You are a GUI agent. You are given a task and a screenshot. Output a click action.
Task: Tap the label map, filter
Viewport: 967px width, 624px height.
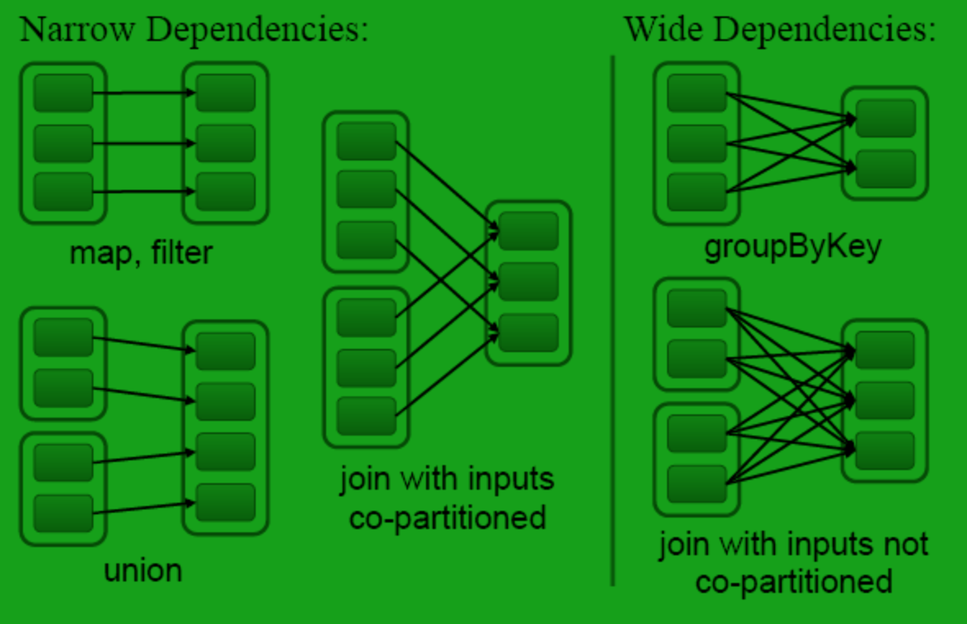(141, 252)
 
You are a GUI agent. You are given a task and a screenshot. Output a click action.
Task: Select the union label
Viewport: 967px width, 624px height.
(143, 570)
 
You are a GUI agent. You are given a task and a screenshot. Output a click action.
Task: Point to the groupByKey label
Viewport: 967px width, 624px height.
(792, 247)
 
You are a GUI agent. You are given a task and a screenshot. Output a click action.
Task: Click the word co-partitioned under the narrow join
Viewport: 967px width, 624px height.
(447, 517)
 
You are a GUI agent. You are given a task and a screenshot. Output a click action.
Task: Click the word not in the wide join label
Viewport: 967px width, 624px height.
(907, 545)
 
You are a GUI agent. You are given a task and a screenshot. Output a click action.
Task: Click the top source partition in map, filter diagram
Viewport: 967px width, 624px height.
(63, 93)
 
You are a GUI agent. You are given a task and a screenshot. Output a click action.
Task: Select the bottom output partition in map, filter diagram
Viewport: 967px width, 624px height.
(225, 192)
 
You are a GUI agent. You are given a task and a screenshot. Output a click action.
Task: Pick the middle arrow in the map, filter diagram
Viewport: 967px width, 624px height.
(143, 143)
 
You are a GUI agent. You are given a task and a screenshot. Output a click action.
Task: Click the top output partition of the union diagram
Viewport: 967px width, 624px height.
(225, 351)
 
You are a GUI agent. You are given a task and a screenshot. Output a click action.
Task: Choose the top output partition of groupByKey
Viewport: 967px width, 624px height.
(885, 118)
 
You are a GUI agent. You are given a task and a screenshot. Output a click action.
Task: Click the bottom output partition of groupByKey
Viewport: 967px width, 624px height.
(885, 169)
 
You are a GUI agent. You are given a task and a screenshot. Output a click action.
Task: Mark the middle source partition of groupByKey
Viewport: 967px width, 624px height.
(697, 143)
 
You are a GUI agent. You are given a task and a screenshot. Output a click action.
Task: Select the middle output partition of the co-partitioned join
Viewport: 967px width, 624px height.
(529, 282)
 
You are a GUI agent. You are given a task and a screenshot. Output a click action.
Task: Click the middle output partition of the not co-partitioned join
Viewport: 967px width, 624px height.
(885, 400)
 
